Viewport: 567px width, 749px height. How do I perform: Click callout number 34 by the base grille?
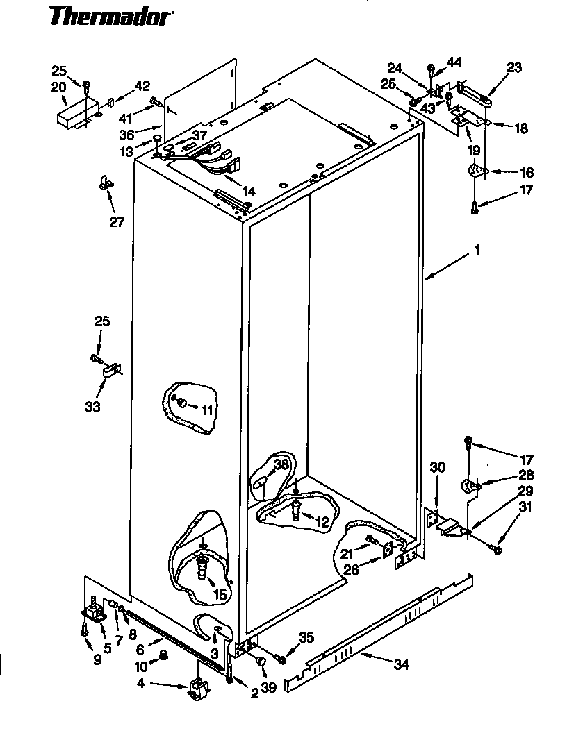pos(401,664)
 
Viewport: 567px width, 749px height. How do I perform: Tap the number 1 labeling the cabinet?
pos(477,248)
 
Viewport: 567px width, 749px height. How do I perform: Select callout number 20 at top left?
pos(58,87)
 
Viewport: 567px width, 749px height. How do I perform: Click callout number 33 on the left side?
pos(92,407)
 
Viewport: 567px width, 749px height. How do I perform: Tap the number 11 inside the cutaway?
pos(207,410)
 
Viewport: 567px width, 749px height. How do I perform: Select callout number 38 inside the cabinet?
pos(280,464)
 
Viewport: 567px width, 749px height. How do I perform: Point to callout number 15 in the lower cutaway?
pos(220,595)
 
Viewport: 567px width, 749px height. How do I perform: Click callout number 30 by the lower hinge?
pos(436,466)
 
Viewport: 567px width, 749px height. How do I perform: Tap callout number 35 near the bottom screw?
pos(306,637)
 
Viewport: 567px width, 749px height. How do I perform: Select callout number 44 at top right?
pos(454,62)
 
